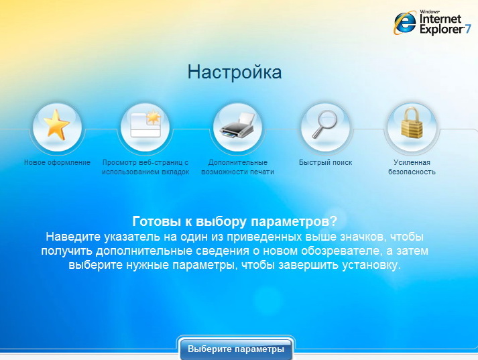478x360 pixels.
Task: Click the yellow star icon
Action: [x=56, y=125]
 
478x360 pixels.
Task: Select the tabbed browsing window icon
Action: [x=146, y=125]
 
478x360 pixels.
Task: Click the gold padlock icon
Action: [x=412, y=123]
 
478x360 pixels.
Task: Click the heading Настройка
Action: [x=235, y=72]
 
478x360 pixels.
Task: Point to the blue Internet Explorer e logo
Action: [x=405, y=23]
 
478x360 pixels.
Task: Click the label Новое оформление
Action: [x=57, y=162]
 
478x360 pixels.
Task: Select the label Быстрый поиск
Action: [x=326, y=162]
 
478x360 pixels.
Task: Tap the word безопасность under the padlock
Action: [x=412, y=172]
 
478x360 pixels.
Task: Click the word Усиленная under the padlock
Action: [x=412, y=162]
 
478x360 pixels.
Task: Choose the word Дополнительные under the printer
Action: [x=238, y=162]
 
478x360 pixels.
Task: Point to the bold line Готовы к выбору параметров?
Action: [x=235, y=221]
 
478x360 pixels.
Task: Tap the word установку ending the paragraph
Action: [x=371, y=265]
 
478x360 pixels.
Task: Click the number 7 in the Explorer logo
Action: [x=468, y=29]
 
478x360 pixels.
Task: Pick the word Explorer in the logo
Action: [x=442, y=29]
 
